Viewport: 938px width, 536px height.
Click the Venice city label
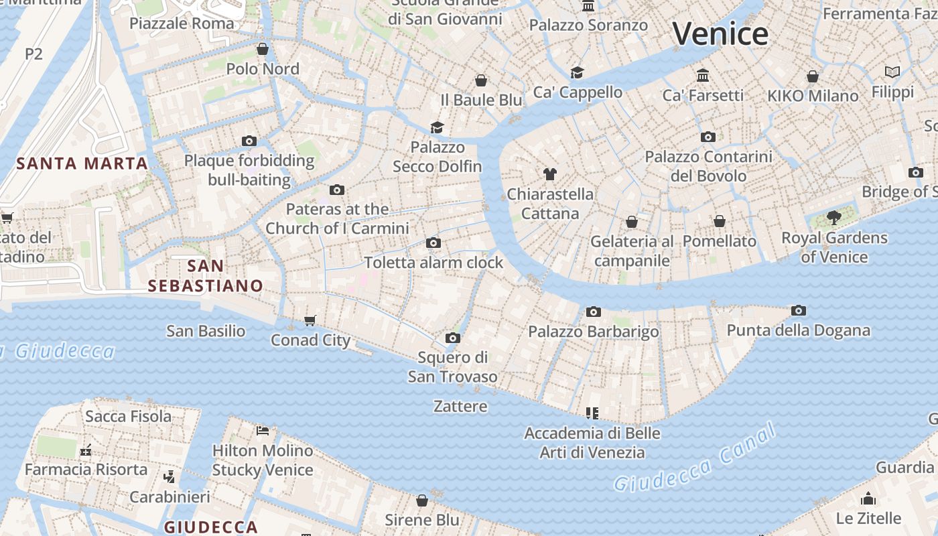click(720, 33)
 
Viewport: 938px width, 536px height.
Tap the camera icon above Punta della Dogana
click(798, 311)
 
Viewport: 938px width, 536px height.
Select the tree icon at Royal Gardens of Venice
click(834, 217)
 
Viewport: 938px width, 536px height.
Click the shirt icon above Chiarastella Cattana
click(550, 175)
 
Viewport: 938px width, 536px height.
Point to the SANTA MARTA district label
click(82, 163)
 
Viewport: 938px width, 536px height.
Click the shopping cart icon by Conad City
click(310, 321)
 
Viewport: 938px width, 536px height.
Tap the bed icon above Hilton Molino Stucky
click(263, 431)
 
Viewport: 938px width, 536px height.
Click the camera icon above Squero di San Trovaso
click(453, 338)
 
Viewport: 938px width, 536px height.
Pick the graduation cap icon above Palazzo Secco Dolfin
click(438, 127)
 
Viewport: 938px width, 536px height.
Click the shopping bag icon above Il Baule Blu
click(481, 81)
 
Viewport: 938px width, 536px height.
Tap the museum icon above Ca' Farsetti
click(703, 75)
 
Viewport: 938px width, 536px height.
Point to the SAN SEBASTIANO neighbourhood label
click(205, 275)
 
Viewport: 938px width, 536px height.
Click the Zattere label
click(460, 406)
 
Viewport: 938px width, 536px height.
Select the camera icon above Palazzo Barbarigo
click(593, 312)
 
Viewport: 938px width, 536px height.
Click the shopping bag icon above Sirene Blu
click(422, 500)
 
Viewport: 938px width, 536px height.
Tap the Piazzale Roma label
click(182, 23)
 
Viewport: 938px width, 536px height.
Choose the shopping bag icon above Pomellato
click(720, 221)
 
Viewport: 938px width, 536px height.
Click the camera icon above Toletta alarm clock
click(433, 243)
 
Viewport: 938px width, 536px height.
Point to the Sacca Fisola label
click(128, 416)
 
